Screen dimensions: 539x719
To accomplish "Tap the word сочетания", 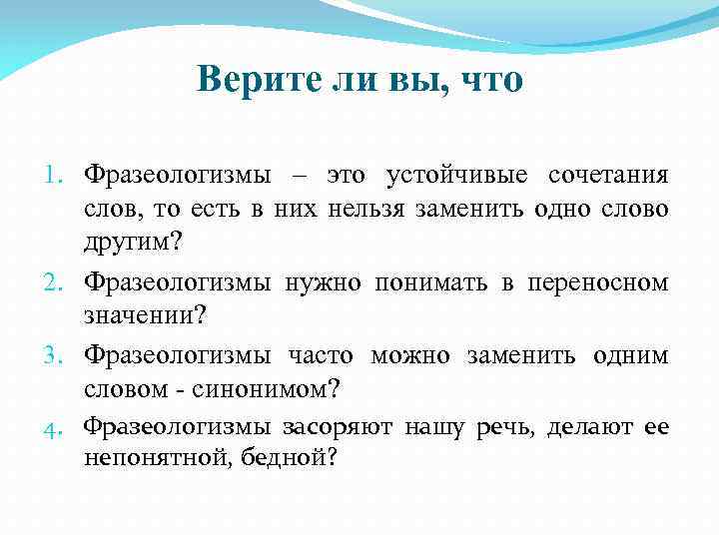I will tap(608, 177).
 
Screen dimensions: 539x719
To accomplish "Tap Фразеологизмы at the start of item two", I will tap(177, 283).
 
